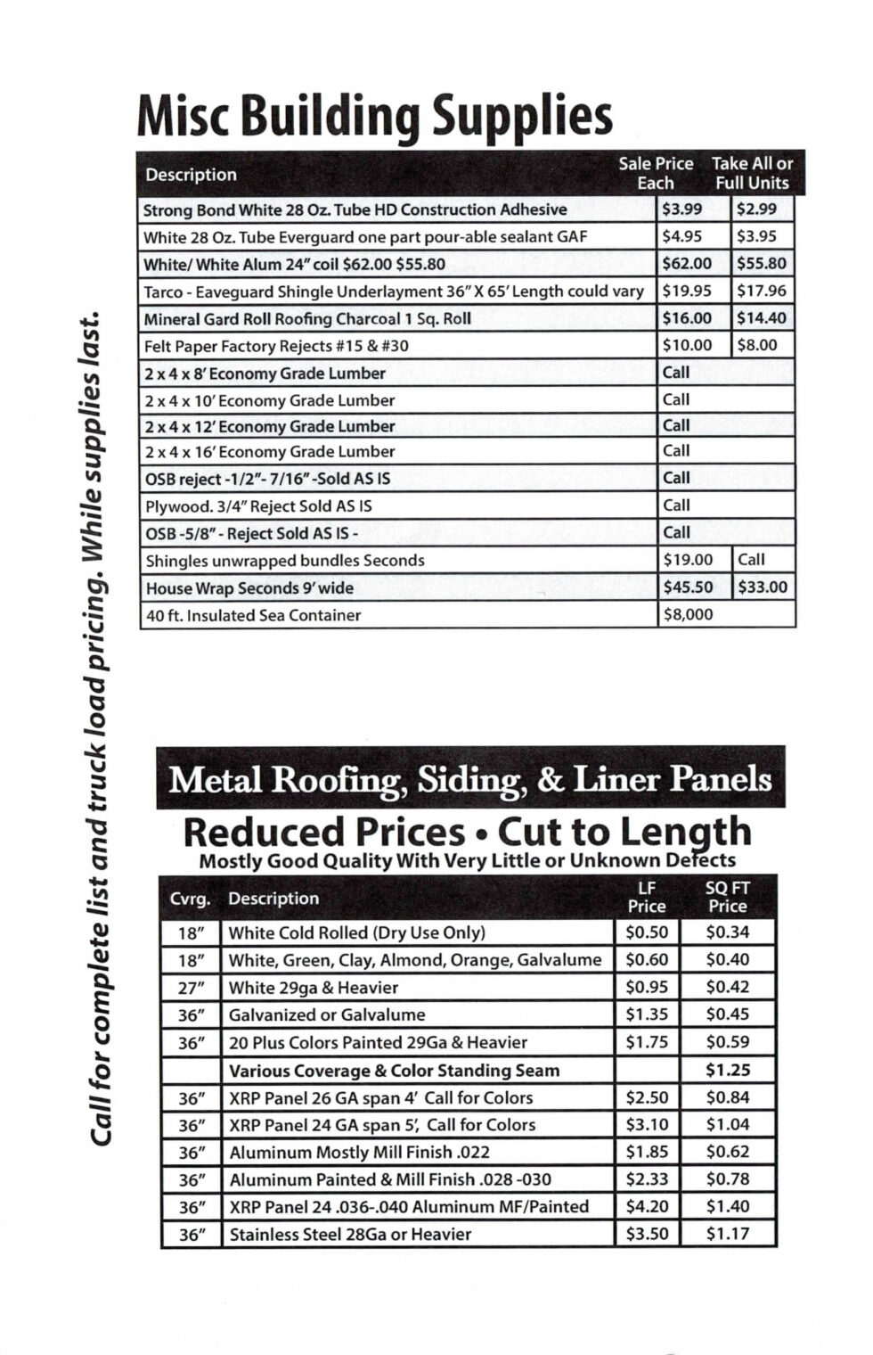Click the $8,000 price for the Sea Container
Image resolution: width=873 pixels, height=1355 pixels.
tap(687, 614)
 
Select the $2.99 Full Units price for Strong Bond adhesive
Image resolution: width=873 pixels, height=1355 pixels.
tap(756, 209)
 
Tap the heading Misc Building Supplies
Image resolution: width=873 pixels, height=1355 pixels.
tap(375, 117)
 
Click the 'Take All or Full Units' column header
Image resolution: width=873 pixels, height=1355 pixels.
tap(752, 173)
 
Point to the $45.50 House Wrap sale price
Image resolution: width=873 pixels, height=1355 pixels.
tap(687, 587)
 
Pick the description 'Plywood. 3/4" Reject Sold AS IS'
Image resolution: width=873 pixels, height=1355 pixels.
tap(258, 506)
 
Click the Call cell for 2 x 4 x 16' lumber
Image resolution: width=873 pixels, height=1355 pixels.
tap(676, 451)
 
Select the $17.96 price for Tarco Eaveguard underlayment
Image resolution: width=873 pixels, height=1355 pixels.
tap(761, 291)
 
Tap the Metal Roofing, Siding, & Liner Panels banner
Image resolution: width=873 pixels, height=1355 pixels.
tap(470, 778)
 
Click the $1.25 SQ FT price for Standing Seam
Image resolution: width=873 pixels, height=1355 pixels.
tap(727, 1070)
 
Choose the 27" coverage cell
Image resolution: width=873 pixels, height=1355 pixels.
tap(192, 988)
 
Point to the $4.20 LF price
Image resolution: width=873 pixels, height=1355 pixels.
tap(646, 1206)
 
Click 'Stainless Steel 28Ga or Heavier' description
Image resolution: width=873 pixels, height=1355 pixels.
tap(350, 1235)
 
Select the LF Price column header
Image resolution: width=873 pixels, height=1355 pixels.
tap(646, 897)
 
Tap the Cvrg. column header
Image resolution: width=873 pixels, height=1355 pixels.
tap(190, 899)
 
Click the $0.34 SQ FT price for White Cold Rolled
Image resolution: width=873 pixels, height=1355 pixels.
tap(727, 932)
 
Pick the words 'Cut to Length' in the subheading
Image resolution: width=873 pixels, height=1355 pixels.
tap(624, 832)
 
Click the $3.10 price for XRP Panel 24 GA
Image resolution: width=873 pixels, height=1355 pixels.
tap(646, 1124)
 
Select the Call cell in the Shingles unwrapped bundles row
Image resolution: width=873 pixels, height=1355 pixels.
tap(751, 560)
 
